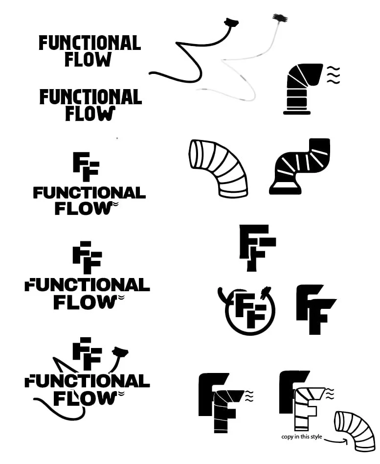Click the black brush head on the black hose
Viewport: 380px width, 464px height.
(x=231, y=22)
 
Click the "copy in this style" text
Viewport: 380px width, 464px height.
(x=301, y=437)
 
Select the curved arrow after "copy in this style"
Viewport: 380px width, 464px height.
(x=336, y=440)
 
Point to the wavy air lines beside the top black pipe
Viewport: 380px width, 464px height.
(x=333, y=75)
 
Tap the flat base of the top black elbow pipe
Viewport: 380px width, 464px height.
(x=296, y=113)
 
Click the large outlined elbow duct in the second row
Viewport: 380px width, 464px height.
(x=219, y=167)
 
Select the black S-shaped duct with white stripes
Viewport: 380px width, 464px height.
(x=301, y=166)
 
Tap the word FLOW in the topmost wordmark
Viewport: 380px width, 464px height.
(x=88, y=60)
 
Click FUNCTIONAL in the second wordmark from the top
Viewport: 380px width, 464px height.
(x=90, y=97)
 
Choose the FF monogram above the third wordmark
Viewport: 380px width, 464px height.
(x=86, y=167)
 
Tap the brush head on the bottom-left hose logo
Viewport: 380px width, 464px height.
(x=119, y=351)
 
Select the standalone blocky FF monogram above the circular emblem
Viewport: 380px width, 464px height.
(x=256, y=247)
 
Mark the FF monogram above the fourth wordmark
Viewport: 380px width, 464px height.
(x=87, y=257)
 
